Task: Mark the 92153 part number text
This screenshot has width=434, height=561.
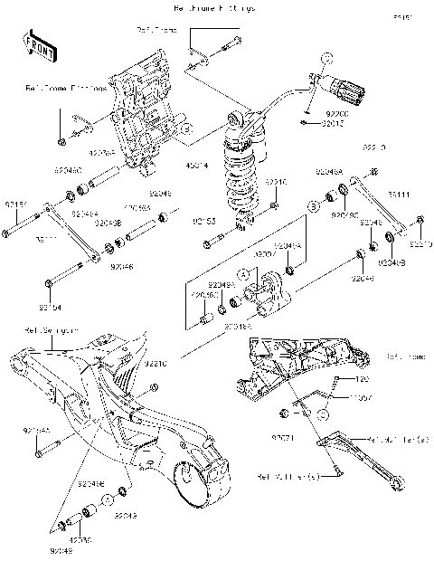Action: click(204, 220)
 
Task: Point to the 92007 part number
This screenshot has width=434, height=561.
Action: click(263, 256)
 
